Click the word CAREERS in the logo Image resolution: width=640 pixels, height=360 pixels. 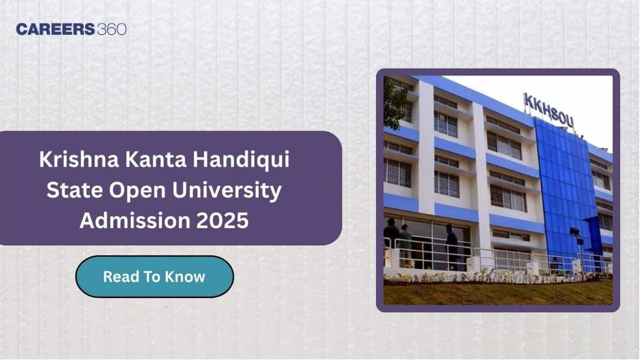point(55,29)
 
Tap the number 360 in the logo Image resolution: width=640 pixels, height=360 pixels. point(111,29)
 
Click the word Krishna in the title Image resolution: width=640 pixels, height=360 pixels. point(79,159)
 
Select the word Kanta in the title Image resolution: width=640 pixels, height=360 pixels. point(156,159)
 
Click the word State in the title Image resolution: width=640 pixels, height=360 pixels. point(75,190)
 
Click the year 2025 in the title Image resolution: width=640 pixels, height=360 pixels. point(222,221)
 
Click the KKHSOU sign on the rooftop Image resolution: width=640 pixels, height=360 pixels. point(548,110)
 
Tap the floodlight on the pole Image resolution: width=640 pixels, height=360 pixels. point(574,231)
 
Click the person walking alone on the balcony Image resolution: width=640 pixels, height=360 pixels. point(452,247)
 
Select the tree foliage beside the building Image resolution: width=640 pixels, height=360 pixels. point(396,103)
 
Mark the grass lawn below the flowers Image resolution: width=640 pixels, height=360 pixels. point(498,293)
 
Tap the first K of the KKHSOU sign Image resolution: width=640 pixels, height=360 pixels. point(527,100)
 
